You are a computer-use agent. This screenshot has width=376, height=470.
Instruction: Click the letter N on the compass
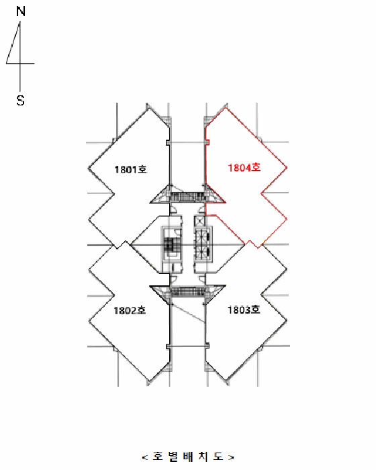pos(21,11)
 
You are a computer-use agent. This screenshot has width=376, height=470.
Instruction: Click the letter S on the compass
pos(20,100)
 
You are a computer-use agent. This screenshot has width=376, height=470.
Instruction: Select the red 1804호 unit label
pos(244,168)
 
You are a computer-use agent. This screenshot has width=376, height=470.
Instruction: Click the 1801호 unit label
pos(131,169)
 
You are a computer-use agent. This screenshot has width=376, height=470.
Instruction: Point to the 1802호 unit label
pos(130,310)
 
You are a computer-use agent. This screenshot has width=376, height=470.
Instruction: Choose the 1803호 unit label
pos(244,310)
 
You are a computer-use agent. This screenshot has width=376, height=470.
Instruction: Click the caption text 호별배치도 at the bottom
pos(188,457)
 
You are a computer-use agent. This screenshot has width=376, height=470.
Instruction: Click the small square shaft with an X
pos(199,222)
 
